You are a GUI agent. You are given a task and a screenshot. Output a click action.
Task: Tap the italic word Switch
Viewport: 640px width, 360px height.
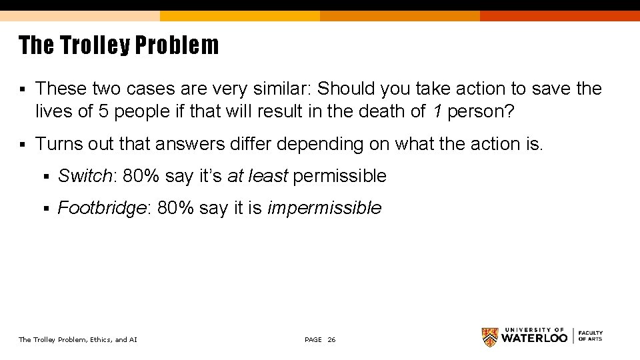click(84, 176)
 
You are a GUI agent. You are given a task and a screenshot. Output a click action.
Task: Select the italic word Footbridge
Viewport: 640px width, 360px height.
click(102, 208)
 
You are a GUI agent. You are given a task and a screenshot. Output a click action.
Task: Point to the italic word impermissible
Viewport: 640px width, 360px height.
click(324, 208)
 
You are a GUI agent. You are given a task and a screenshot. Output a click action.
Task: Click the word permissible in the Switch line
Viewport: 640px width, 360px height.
click(339, 176)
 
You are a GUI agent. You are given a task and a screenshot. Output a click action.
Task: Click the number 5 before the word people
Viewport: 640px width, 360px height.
click(103, 111)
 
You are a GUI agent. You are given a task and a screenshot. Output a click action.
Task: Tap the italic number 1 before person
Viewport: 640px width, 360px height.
click(437, 111)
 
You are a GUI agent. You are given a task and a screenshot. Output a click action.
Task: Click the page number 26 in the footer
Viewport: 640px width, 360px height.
click(332, 340)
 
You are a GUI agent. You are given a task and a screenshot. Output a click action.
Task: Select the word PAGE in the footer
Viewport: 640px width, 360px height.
click(313, 340)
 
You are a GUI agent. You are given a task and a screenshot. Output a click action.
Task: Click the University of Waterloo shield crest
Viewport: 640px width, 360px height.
click(490, 337)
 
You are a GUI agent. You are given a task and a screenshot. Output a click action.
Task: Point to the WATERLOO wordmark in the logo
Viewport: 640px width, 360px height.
click(535, 338)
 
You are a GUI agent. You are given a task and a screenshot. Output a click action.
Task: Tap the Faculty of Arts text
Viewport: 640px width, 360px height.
click(590, 336)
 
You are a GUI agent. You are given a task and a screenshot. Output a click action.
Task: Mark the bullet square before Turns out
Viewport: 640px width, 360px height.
click(22, 145)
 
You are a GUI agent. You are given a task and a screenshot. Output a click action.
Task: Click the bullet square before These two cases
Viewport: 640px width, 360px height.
click(22, 89)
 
